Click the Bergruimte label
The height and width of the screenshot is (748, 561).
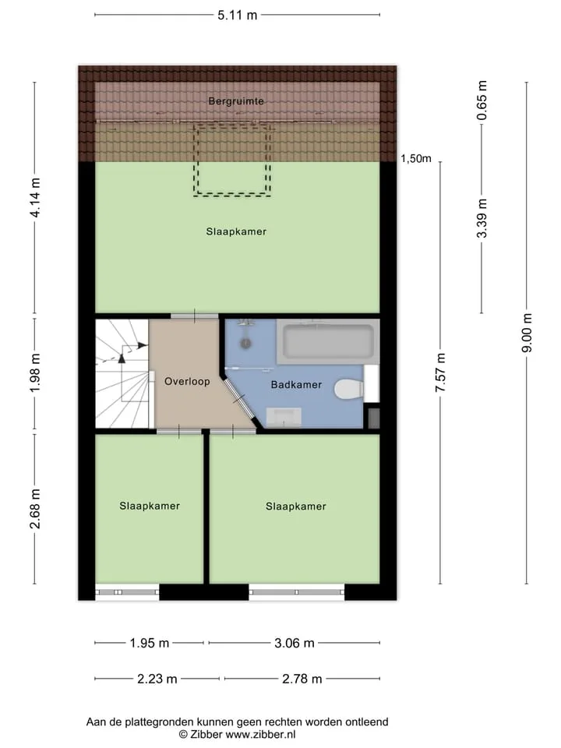point(236,101)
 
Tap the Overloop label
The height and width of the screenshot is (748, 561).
point(187,381)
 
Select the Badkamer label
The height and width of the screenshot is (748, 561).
point(296,384)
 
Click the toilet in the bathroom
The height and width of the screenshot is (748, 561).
point(349,390)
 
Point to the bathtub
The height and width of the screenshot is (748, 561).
point(328,341)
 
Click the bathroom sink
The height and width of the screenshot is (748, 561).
point(284,417)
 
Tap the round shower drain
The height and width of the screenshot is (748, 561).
point(245,343)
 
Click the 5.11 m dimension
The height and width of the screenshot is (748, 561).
point(237,16)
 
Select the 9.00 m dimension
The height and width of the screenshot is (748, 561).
point(527,333)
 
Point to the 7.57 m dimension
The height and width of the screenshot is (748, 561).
point(440,372)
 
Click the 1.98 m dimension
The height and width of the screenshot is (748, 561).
point(35,373)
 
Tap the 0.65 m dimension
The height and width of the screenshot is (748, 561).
point(482,101)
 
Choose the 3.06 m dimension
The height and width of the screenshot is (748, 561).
point(295,643)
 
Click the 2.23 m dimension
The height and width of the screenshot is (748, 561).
point(157,679)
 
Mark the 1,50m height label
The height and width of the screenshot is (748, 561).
point(416,158)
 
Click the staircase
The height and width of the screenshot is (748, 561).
point(122,373)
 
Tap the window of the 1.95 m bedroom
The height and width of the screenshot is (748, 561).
point(127,592)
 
